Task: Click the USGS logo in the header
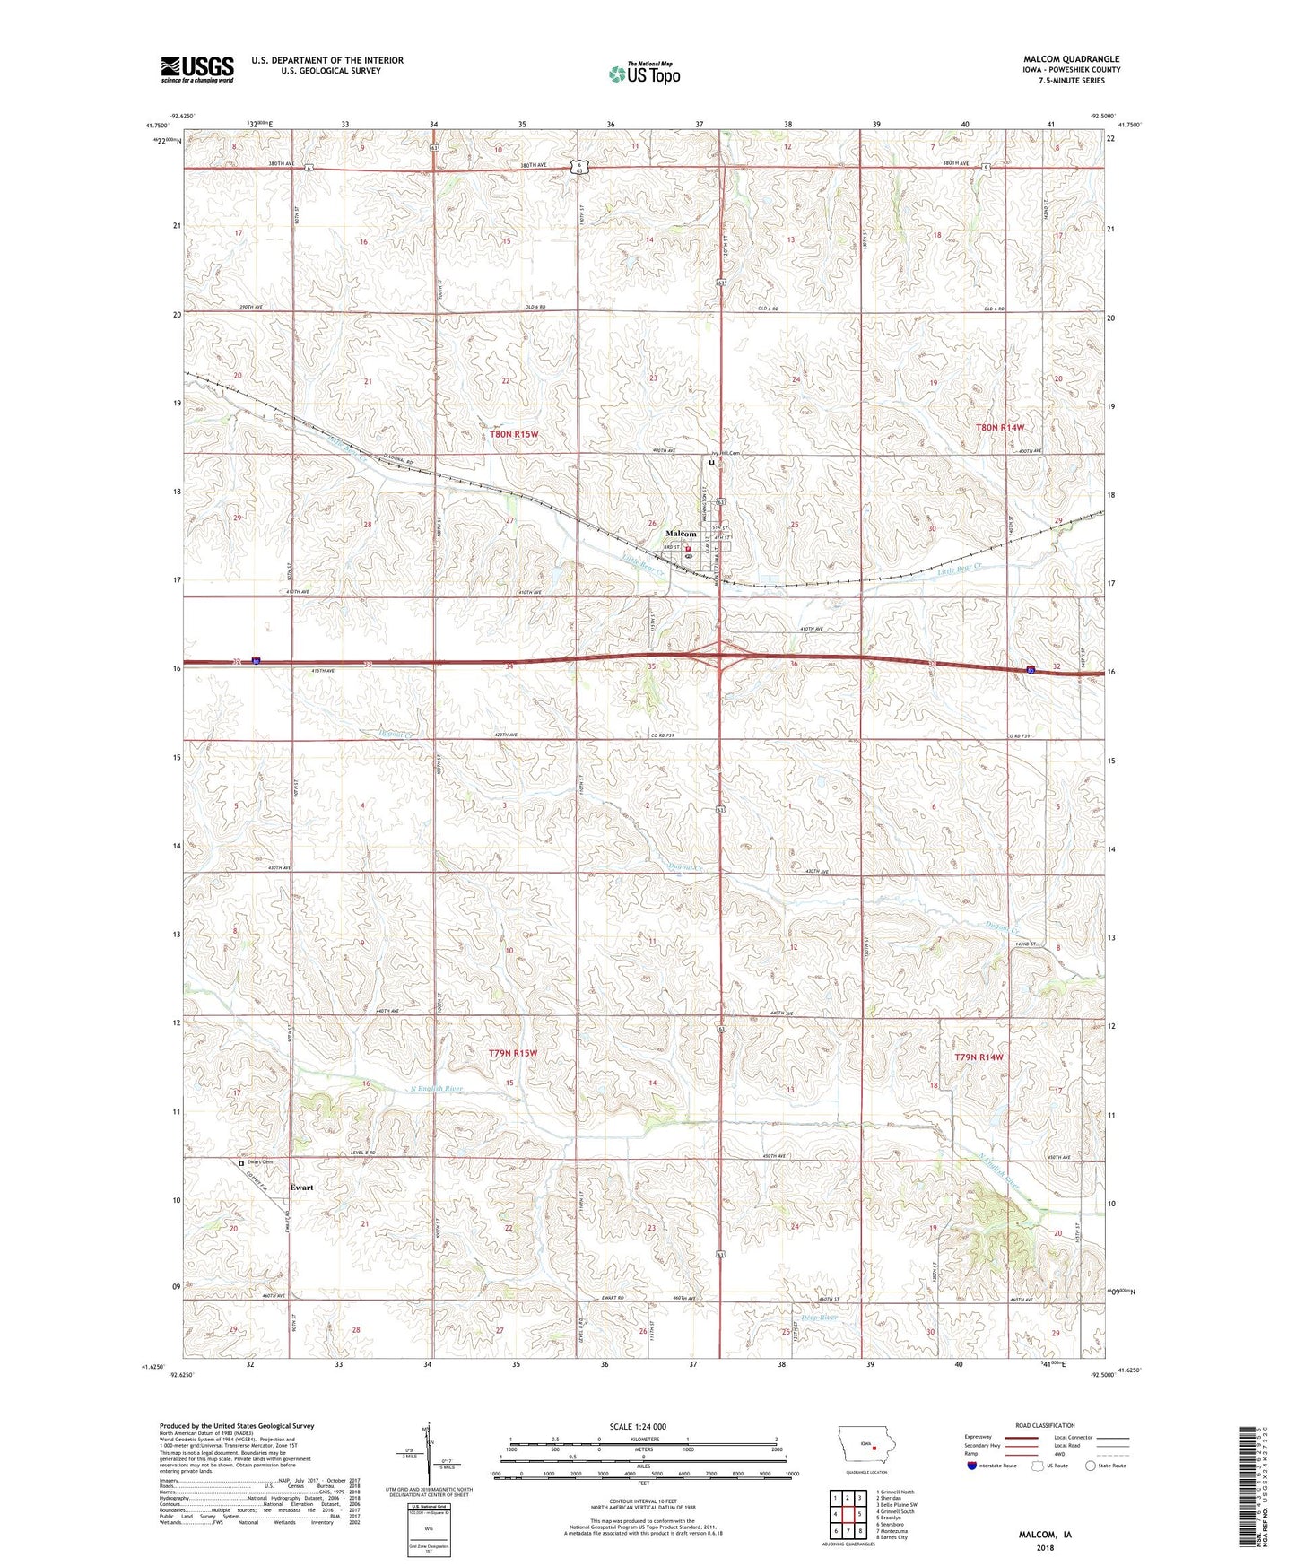[x=197, y=69]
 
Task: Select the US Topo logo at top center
[x=644, y=74]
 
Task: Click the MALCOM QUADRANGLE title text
[x=1071, y=59]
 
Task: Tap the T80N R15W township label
[x=515, y=434]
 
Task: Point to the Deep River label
[x=819, y=1318]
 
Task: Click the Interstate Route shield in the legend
[x=972, y=1466]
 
